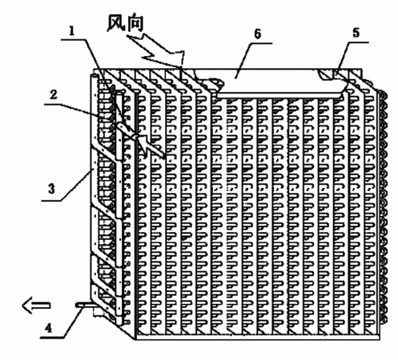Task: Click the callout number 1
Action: pos(71,31)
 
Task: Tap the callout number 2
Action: pos(54,95)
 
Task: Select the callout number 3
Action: pos(51,188)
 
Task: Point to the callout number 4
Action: pos(48,328)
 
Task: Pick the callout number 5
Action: pos(356,33)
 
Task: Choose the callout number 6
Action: pos(258,34)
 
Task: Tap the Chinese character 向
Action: pos(135,23)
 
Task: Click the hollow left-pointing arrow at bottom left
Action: pos(36,306)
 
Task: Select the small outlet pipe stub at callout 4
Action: pos(85,305)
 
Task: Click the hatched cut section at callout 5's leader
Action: pos(327,74)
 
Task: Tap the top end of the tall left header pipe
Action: pos(94,77)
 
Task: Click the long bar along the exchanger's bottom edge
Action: pos(258,337)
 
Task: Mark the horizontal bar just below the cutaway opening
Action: pos(279,95)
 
